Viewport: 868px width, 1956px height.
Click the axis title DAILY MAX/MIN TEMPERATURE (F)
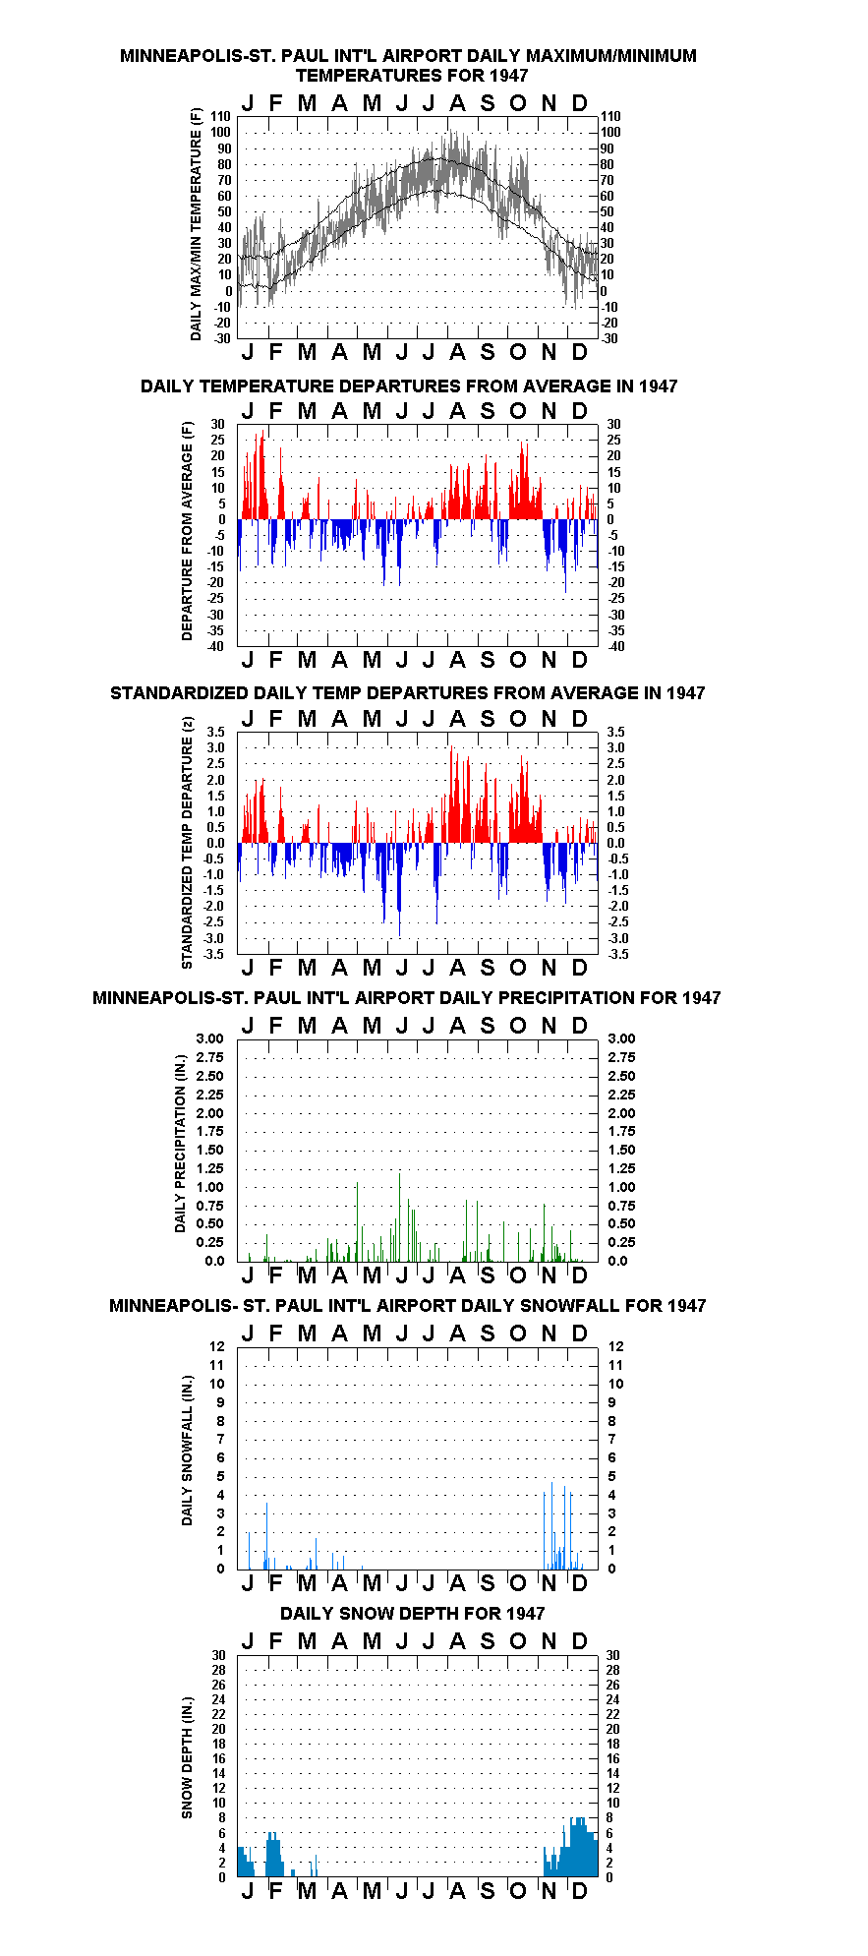196,224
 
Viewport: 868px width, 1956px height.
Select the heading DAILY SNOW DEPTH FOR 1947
412,1614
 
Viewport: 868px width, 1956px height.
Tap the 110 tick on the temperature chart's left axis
222,116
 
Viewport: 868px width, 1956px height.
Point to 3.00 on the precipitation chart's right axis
621,1038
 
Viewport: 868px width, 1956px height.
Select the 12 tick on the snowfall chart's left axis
217,1346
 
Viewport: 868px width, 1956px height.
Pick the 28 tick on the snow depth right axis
612,1670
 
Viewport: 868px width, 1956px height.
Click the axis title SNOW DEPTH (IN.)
187,1757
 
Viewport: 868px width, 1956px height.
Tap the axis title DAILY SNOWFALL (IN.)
187,1451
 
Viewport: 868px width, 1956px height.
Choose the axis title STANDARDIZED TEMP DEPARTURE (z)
187,843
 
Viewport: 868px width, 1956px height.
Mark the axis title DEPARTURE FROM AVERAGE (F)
187,531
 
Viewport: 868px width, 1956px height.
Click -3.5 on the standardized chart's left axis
213,954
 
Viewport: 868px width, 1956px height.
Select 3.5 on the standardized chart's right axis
615,732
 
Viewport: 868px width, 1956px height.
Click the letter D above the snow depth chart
579,1640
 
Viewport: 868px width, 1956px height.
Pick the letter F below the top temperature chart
275,352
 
